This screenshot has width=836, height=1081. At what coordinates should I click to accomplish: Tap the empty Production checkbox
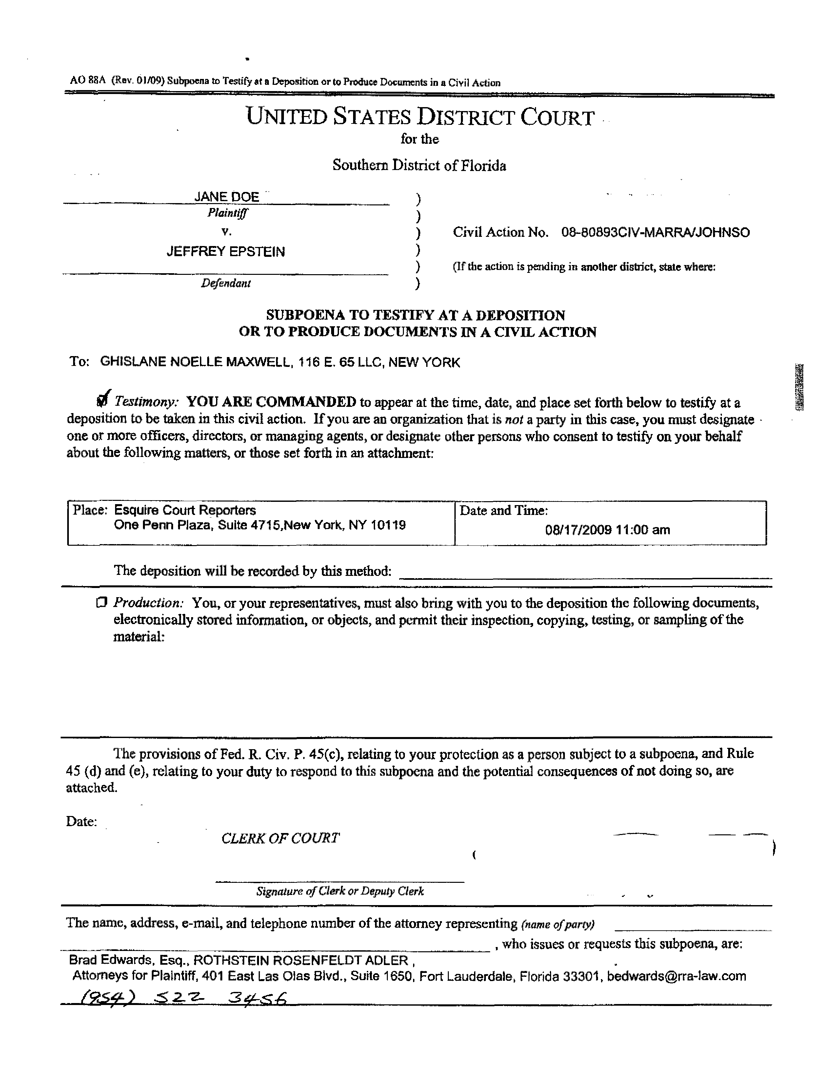pyautogui.click(x=102, y=602)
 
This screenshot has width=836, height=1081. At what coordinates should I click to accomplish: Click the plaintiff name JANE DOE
pyautogui.click(x=226, y=197)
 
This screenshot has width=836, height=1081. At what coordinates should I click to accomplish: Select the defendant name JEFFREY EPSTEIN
pyautogui.click(x=226, y=252)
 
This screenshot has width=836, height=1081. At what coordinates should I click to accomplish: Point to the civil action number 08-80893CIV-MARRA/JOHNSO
pyautogui.click(x=655, y=233)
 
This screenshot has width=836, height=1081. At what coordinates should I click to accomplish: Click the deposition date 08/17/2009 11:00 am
pyautogui.click(x=607, y=530)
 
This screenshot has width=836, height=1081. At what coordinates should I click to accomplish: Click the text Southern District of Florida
pyautogui.click(x=419, y=165)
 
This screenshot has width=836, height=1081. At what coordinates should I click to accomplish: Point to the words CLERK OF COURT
pyautogui.click(x=280, y=838)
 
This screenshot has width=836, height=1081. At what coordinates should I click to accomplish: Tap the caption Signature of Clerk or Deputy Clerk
pyautogui.click(x=340, y=891)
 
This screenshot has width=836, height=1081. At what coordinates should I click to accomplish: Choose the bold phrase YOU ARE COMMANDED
pyautogui.click(x=271, y=402)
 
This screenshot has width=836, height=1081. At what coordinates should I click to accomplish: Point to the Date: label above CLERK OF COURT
pyautogui.click(x=81, y=822)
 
